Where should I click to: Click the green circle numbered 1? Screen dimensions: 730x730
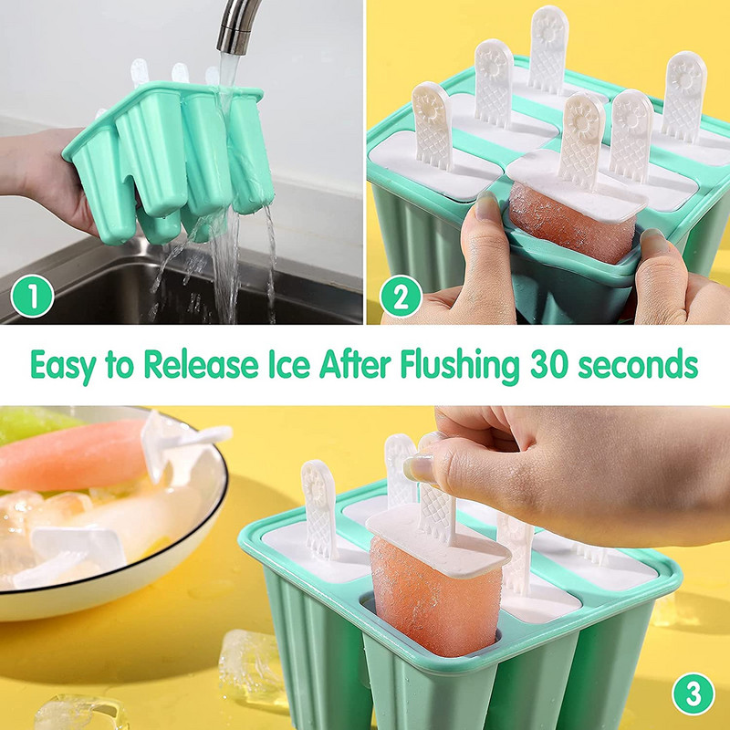click(32, 296)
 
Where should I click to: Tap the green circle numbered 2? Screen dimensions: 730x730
click(401, 296)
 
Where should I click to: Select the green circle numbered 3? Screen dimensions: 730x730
click(693, 693)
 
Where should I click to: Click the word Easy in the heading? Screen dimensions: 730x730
click(63, 366)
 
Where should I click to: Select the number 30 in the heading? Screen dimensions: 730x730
click(549, 364)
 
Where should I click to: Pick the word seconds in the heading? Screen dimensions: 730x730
click(638, 364)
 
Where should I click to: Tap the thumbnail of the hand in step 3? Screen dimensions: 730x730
click(418, 468)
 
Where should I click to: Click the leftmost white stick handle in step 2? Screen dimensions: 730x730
click(432, 126)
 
